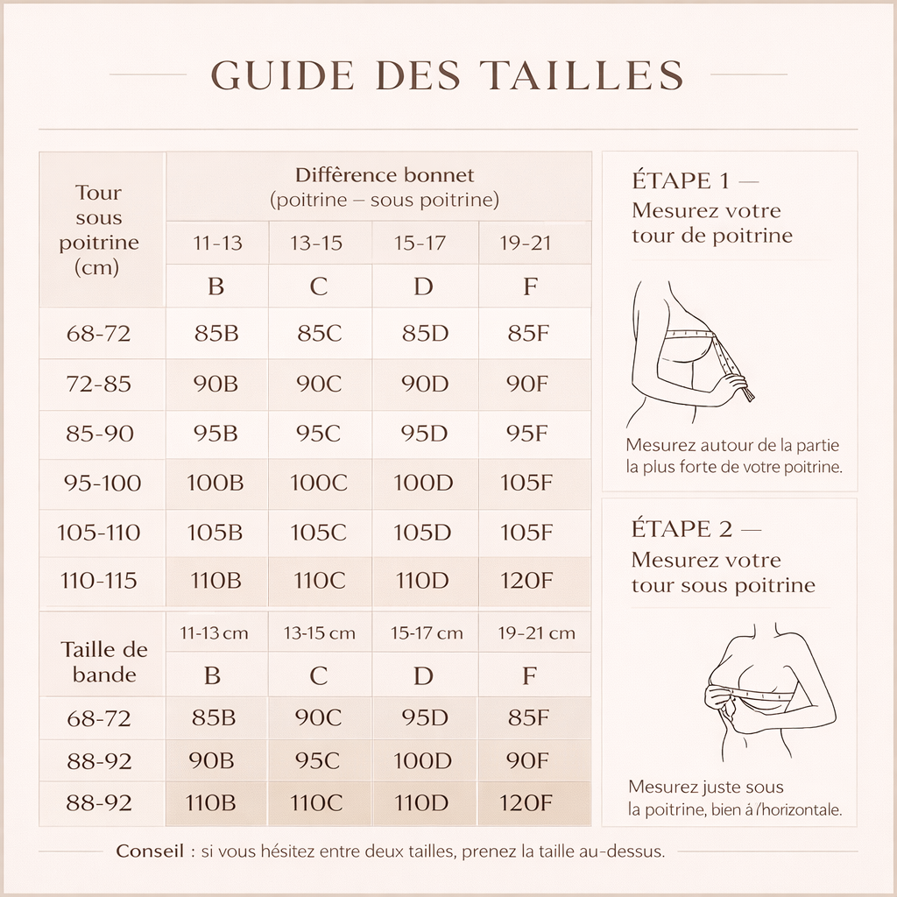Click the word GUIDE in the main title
(283, 75)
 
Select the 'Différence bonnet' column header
(384, 187)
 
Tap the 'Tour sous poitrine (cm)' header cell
(99, 230)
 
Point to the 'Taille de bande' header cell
(104, 661)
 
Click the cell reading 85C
(319, 334)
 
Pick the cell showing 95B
(215, 434)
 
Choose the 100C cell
(319, 483)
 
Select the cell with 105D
(422, 533)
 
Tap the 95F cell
(528, 434)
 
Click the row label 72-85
(99, 384)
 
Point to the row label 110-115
(99, 581)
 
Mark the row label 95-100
(102, 483)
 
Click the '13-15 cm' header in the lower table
(319, 633)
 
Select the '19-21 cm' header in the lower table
(536, 633)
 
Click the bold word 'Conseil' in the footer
(150, 851)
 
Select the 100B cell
(215, 483)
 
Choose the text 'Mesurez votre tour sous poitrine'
(723, 573)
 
